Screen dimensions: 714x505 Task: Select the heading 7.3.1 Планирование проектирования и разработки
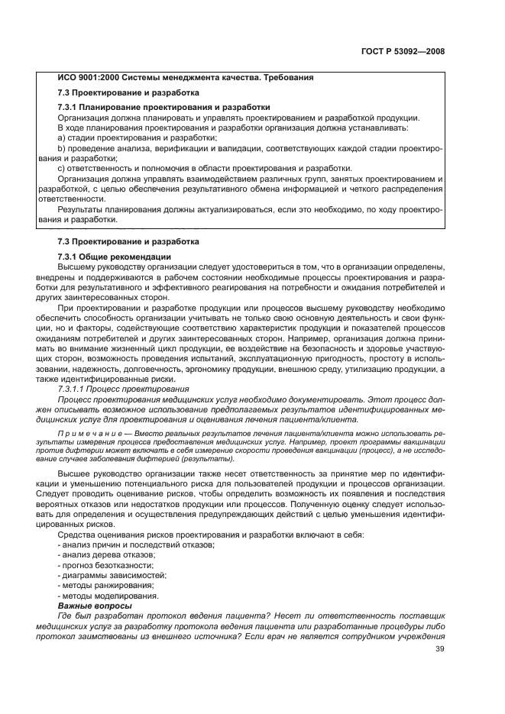pos(163,107)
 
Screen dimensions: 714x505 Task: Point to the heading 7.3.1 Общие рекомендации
pos(115,256)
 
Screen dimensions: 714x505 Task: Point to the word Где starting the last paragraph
pos(66,616)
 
